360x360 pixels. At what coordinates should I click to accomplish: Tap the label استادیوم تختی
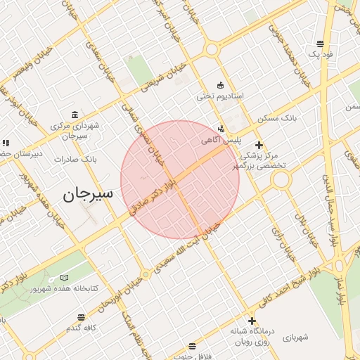coord(219,96)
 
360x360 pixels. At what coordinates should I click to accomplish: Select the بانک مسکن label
coord(277,118)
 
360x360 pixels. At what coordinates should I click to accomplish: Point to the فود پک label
coord(321,53)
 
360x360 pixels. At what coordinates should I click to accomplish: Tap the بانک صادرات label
coord(79,160)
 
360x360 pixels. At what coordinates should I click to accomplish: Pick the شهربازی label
coord(295,337)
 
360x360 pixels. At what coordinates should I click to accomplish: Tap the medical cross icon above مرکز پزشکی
coord(259,145)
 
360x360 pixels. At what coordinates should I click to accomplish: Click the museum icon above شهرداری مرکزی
coord(75,115)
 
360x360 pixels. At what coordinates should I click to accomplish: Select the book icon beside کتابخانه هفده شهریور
coord(65,278)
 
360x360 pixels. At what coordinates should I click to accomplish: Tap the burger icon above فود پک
coord(321,44)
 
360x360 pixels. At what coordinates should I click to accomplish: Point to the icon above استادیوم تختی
coord(221,85)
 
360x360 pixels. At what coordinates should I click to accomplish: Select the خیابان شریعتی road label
coord(164,79)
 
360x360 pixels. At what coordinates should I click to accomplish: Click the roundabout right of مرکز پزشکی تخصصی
coord(281,180)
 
